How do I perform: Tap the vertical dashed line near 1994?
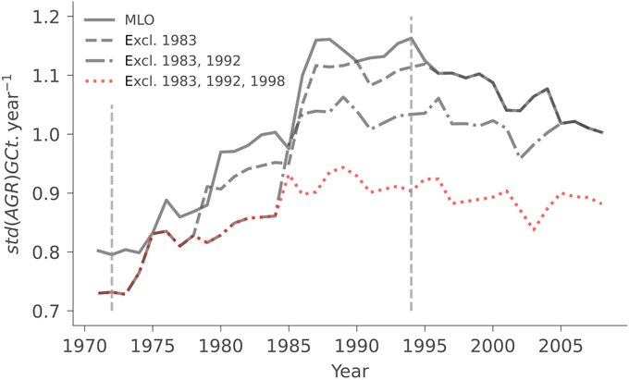pyautogui.click(x=411, y=231)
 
